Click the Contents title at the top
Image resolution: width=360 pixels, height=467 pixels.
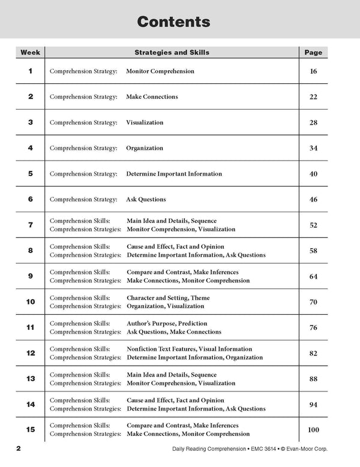pyautogui.click(x=173, y=22)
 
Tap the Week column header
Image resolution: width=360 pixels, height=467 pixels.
pyautogui.click(x=31, y=52)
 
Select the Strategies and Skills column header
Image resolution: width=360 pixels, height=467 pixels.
pyautogui.click(x=172, y=52)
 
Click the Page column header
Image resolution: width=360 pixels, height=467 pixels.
pyautogui.click(x=313, y=52)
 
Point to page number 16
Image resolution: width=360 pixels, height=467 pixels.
pyautogui.click(x=313, y=71)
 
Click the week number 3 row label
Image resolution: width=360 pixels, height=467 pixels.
pyautogui.click(x=31, y=122)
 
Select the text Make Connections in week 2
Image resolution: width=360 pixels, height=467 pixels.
pyautogui.click(x=152, y=97)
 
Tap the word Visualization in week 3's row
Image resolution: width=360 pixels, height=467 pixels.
pyautogui.click(x=145, y=122)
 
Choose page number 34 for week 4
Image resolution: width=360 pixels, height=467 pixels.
pyautogui.click(x=313, y=148)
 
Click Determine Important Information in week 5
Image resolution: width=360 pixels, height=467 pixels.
pyautogui.click(x=174, y=174)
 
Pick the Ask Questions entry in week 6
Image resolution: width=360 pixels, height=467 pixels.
pyautogui.click(x=146, y=200)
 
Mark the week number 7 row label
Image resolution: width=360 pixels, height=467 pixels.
pyautogui.click(x=31, y=225)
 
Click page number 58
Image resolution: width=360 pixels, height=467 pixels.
pyautogui.click(x=313, y=251)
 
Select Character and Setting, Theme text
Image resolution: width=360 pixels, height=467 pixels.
pyautogui.click(x=168, y=298)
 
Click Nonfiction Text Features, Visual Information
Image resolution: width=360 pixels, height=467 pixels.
pyautogui.click(x=189, y=349)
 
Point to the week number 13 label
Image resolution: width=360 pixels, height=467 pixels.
pyautogui.click(x=31, y=379)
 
